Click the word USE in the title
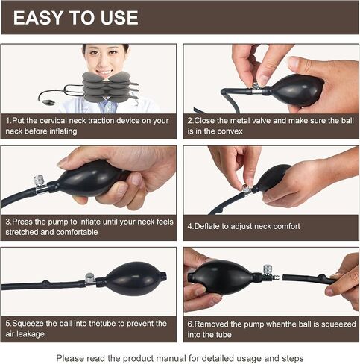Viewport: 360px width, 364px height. click(x=119, y=18)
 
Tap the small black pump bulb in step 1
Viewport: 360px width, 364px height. click(x=47, y=102)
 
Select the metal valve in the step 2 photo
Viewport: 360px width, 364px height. click(x=256, y=90)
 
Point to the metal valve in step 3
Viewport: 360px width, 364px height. click(x=40, y=184)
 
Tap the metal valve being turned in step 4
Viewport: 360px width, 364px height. click(x=247, y=189)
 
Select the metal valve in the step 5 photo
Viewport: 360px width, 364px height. click(x=90, y=279)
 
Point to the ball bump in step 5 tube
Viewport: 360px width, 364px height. click(x=45, y=283)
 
